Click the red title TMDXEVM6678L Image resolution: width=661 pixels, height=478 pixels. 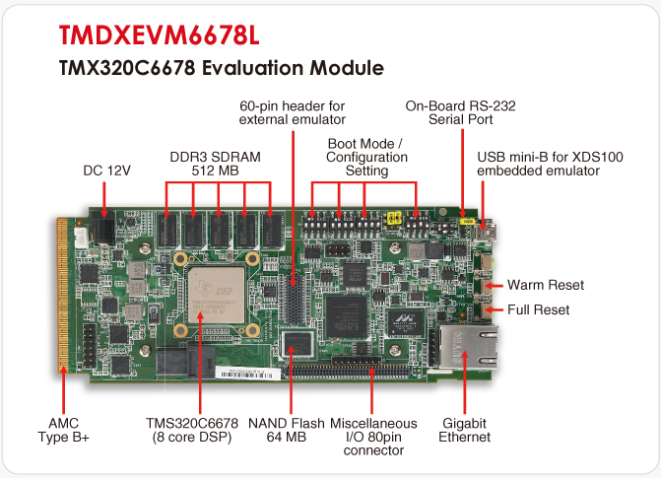point(160,35)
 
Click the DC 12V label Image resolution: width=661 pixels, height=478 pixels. point(107,171)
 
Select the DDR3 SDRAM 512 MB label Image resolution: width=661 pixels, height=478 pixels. point(215,164)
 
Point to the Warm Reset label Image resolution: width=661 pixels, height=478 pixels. point(546,285)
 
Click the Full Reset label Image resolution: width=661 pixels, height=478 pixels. point(538,309)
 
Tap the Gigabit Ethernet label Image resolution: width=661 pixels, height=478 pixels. point(464,430)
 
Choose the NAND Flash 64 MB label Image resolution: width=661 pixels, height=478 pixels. point(287,430)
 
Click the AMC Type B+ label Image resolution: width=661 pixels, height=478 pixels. point(63,430)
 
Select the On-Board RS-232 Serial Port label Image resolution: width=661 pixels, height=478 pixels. point(460,112)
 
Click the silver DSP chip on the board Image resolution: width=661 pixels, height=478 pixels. point(216,294)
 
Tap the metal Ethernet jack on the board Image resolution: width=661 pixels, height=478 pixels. point(468,346)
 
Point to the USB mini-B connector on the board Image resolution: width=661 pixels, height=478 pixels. point(486,232)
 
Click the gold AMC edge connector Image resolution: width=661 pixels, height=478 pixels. point(62,295)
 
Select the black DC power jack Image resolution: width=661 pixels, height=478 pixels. point(103,229)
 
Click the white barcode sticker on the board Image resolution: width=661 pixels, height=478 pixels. point(248,374)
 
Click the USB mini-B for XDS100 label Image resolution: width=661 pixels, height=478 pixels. point(550,164)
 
